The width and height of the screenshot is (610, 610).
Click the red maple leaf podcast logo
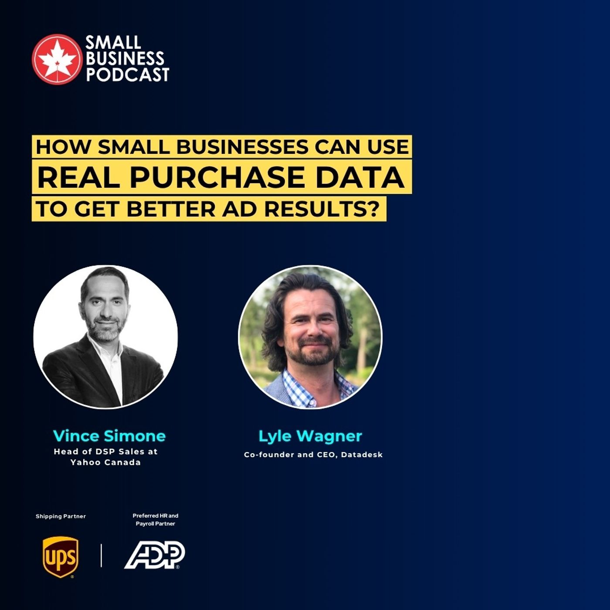pos(57,59)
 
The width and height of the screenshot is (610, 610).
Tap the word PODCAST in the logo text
pos(127,75)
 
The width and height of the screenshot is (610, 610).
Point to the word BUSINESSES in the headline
pos(242,147)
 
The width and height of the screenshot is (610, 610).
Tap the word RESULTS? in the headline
pos(320,209)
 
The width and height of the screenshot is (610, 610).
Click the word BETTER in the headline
pos(170,209)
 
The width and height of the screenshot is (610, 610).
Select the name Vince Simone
pos(109,436)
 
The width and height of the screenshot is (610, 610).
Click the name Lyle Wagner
pos(310,436)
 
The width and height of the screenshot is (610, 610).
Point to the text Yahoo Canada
pos(106,462)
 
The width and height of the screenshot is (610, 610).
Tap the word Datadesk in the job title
pos(362,454)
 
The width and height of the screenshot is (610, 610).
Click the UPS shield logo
pos(61,556)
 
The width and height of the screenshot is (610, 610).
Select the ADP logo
pos(155,555)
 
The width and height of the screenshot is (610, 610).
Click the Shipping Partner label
pos(61,516)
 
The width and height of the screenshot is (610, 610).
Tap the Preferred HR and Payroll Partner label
pos(156,519)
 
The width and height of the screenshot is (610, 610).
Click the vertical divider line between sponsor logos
pos(102,555)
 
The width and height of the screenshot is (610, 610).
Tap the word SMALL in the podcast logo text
pos(113,43)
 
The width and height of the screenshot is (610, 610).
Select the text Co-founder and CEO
pos(290,454)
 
